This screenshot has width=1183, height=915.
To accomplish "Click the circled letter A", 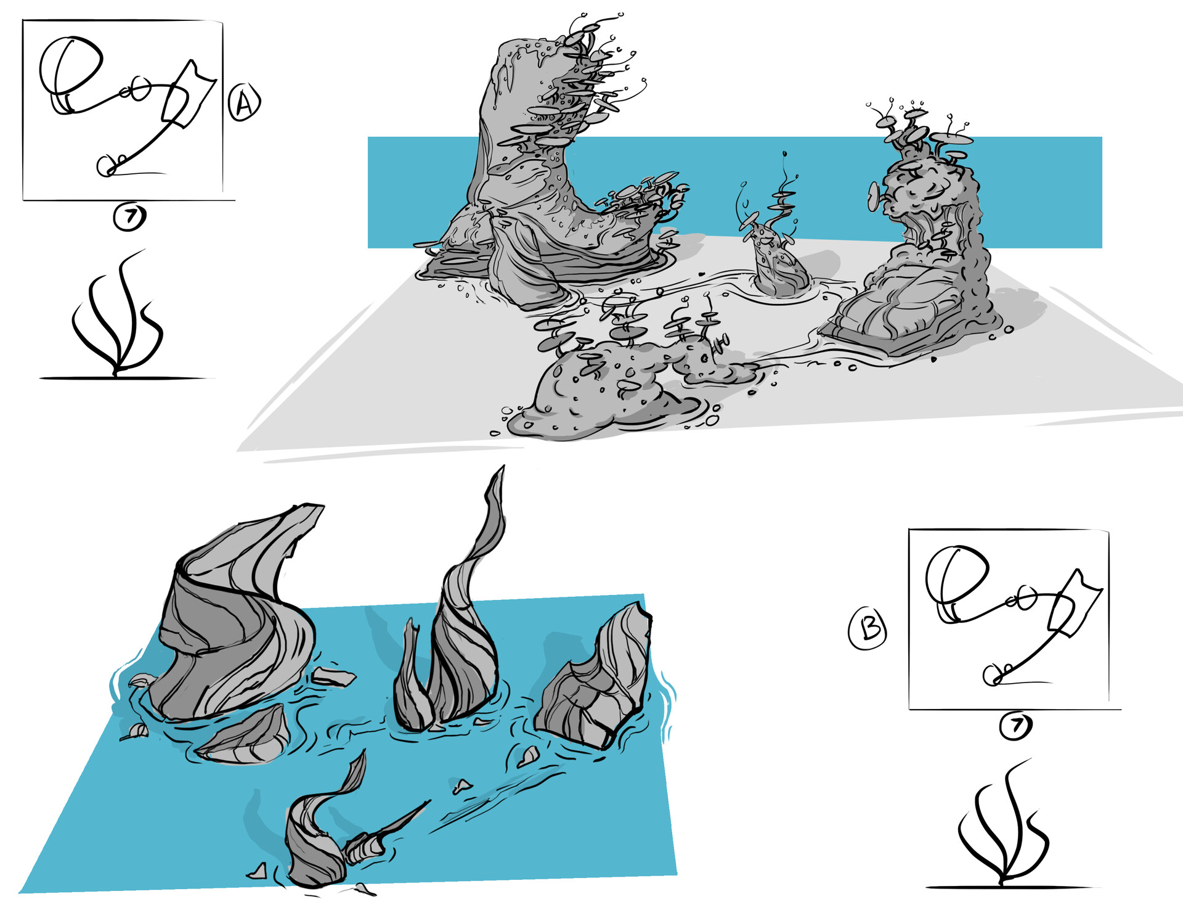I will click(244, 102).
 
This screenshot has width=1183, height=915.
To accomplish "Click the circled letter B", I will click(868, 628).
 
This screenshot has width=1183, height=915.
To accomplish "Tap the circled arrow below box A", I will click(129, 217).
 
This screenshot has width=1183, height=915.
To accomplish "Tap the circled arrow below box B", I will click(1015, 726).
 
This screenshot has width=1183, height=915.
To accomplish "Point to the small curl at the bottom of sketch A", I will click(108, 165).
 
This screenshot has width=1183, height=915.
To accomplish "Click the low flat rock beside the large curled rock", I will click(246, 737).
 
